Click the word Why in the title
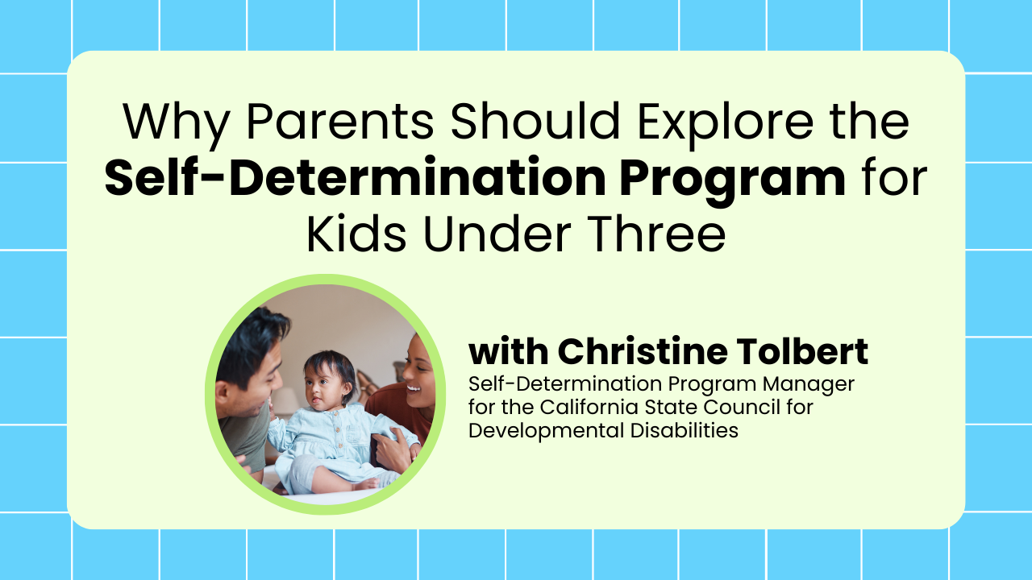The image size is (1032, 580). pyautogui.click(x=177, y=122)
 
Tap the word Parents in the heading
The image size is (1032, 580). pyautogui.click(x=340, y=121)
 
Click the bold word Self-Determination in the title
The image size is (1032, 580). pyautogui.click(x=355, y=177)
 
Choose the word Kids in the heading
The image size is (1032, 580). pyautogui.click(x=356, y=233)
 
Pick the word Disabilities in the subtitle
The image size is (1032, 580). pyautogui.click(x=685, y=431)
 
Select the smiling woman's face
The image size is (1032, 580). pyautogui.click(x=418, y=373)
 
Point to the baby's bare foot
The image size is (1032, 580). pyautogui.click(x=366, y=484)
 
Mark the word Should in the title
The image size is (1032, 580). pyautogui.click(x=535, y=121)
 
